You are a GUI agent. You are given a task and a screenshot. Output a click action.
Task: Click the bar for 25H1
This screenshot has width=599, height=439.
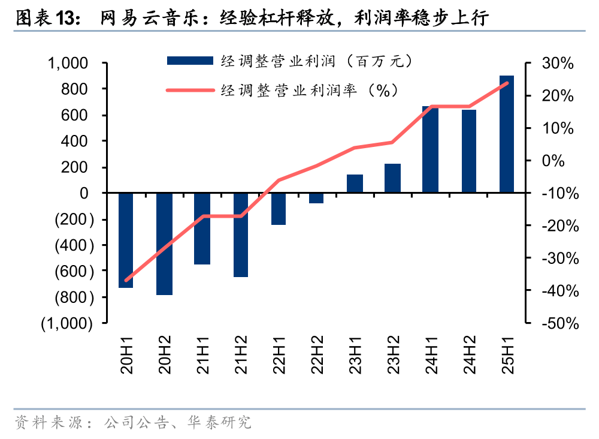[507, 134]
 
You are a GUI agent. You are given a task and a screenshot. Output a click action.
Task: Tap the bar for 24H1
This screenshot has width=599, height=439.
[430, 149]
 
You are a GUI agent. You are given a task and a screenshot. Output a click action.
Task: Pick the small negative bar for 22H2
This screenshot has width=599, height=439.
[316, 198]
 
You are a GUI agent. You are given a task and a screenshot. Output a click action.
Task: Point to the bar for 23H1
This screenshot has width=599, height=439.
[355, 184]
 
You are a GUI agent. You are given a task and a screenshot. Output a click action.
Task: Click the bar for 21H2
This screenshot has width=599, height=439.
[241, 234]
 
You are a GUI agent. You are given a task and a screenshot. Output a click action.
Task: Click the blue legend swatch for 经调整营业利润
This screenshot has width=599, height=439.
[189, 61]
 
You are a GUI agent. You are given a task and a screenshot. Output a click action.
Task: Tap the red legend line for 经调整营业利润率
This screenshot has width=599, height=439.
[189, 91]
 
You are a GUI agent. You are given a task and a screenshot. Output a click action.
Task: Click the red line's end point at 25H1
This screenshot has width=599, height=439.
[507, 83]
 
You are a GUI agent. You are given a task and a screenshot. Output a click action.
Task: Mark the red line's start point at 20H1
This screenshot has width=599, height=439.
[126, 280]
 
